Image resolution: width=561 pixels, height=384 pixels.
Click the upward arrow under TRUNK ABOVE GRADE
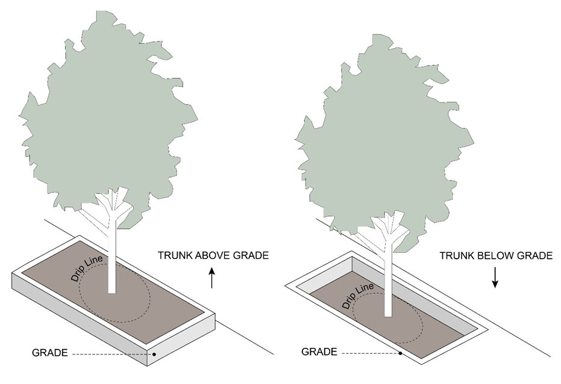coord(212,278)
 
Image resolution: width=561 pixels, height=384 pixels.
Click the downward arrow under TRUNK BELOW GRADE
coord(495,277)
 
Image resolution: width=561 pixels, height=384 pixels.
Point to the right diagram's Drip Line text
coord(357,294)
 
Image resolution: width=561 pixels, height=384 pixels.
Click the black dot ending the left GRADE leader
coord(155,354)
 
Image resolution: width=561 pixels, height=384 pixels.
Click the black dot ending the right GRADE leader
coord(401,353)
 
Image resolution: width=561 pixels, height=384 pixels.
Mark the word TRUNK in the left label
coord(174,256)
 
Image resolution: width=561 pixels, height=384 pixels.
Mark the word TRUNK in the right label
coord(456,256)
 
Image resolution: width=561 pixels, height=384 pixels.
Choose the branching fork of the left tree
coord(113,208)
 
